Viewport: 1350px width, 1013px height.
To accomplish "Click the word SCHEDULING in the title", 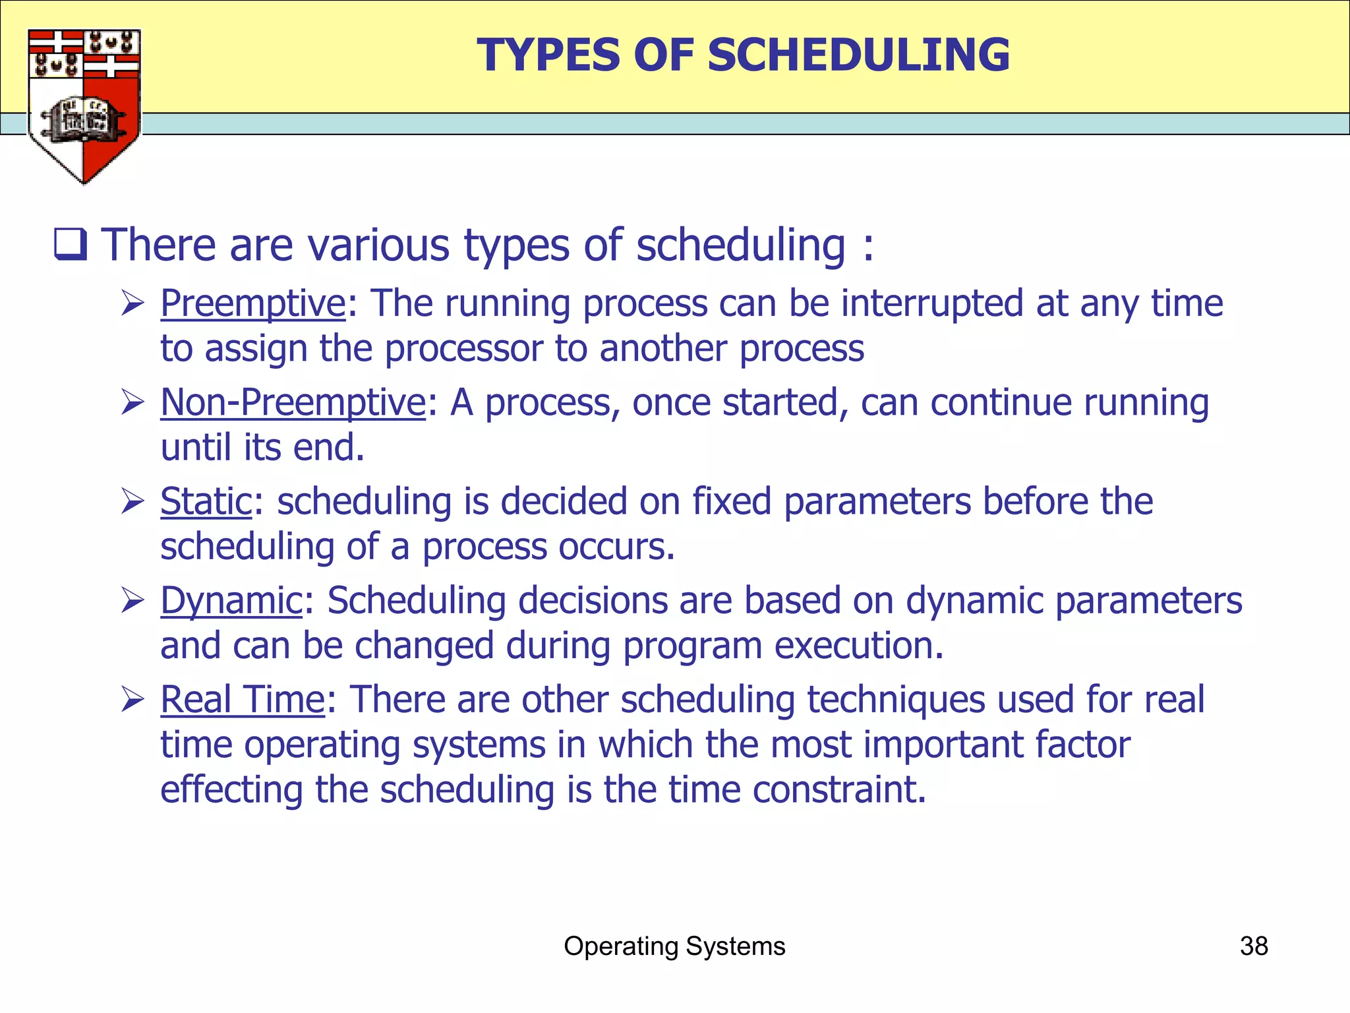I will [858, 55].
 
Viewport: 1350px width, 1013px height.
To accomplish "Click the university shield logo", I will [84, 106].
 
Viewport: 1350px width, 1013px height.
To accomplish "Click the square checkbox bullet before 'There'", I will [70, 245].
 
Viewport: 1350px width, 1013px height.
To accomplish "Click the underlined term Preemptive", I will [253, 303].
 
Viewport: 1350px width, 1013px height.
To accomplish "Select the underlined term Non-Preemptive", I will [293, 402].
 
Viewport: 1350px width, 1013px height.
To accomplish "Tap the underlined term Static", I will [206, 501].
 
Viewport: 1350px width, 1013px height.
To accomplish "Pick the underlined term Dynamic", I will [231, 601].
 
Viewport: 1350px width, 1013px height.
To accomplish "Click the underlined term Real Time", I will [243, 699].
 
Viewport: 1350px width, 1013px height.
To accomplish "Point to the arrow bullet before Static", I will [132, 502].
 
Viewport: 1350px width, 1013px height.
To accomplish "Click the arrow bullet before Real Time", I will [132, 700].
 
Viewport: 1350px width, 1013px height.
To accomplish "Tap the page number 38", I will [1253, 946].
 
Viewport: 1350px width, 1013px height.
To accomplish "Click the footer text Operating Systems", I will [674, 946].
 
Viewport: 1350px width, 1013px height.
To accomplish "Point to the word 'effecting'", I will [231, 789].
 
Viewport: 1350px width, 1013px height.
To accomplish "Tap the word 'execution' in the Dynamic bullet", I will [858, 646].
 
